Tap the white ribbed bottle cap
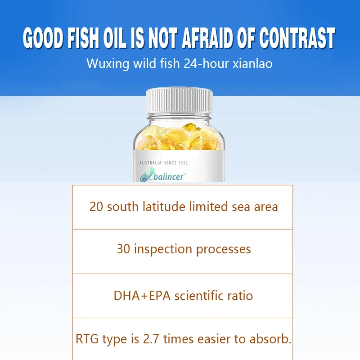pos(179,101)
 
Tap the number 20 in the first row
pos(96,207)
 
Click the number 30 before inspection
pos(123,249)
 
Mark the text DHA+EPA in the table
pos(142,296)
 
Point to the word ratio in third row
pos(241,296)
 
